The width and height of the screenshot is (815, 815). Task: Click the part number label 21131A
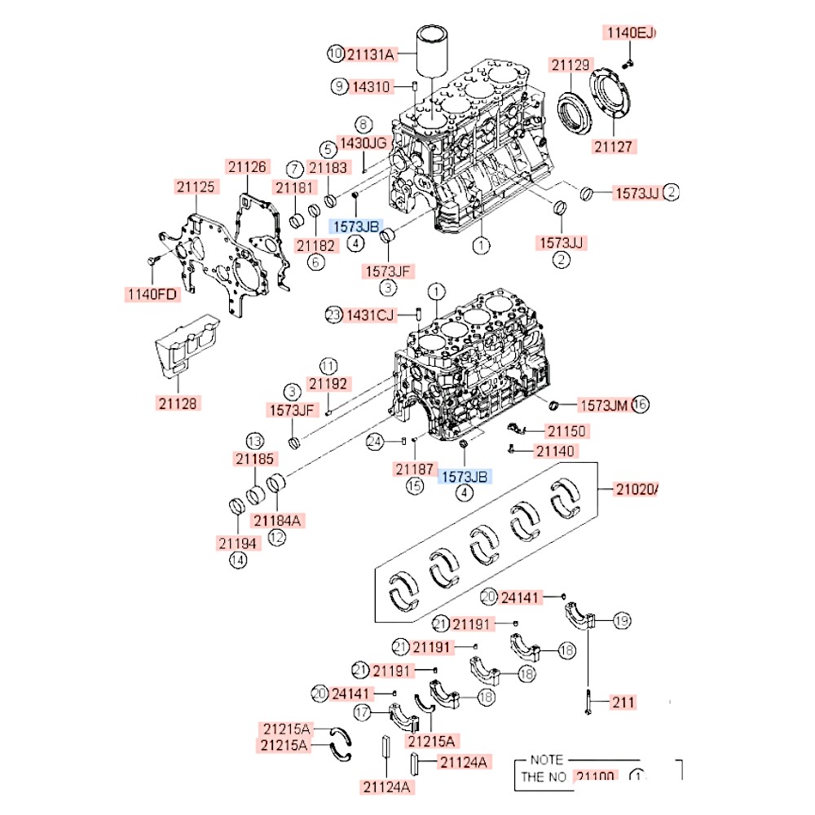point(371,55)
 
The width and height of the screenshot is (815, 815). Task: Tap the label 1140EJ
point(629,33)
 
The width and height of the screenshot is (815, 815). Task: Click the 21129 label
point(570,64)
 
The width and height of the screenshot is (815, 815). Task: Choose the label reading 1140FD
point(152,294)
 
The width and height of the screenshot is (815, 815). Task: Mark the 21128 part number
point(178,403)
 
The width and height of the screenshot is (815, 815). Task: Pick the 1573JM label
point(603,404)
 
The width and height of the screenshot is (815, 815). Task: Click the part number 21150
point(566,430)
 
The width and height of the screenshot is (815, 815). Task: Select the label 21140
point(556,451)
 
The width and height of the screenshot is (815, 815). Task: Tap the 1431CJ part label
point(370,315)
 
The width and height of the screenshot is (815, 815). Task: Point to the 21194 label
point(238,542)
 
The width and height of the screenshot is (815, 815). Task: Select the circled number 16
point(639,404)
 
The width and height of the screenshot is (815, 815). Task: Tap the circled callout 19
point(622,622)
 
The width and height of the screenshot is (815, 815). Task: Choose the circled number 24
point(374,442)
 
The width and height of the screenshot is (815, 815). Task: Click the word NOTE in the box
point(546,760)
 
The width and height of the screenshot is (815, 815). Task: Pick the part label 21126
point(247,167)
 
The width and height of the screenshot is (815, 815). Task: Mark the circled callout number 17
point(363,712)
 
